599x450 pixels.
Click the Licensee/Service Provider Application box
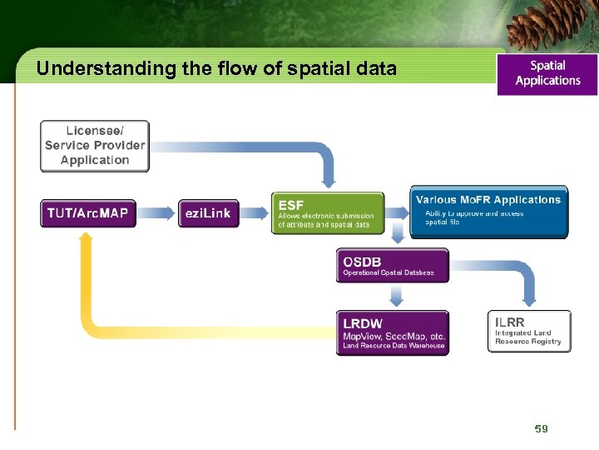click(94, 146)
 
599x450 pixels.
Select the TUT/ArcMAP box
click(87, 213)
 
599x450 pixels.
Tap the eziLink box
click(208, 213)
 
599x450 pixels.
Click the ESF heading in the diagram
click(291, 204)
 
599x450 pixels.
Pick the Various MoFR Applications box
click(489, 211)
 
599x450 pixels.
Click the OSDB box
click(392, 266)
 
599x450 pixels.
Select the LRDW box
click(392, 332)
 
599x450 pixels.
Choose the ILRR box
click(529, 331)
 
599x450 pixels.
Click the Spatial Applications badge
click(547, 73)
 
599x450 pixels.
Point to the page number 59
click(542, 428)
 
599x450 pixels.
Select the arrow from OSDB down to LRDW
click(397, 296)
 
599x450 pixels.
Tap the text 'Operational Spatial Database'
click(389, 273)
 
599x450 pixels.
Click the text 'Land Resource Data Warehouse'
click(394, 346)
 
